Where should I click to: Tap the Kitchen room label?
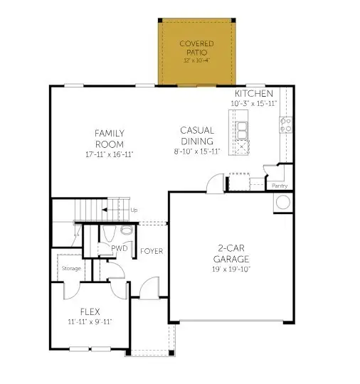254,94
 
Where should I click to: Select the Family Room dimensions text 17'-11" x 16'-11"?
110,154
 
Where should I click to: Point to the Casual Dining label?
197,136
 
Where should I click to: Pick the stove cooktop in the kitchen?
286,125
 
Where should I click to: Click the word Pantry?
280,186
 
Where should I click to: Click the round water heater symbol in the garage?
282,202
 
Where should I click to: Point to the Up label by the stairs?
134,210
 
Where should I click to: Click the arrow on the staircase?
110,210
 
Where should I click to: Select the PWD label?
119,249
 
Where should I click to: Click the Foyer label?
152,251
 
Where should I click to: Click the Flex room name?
89,311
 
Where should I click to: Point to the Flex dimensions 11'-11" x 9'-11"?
89,322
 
